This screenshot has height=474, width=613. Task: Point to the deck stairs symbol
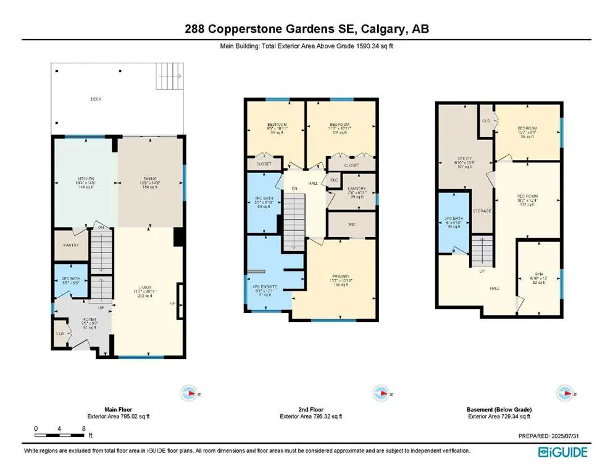click(x=169, y=77)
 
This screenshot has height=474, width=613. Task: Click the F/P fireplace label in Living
click(x=173, y=304)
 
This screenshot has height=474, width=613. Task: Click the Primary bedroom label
click(x=340, y=276)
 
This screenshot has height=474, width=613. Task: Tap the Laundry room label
click(x=352, y=188)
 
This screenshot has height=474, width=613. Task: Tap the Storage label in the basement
click(x=482, y=211)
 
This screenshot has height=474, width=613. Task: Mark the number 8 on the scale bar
click(x=83, y=428)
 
